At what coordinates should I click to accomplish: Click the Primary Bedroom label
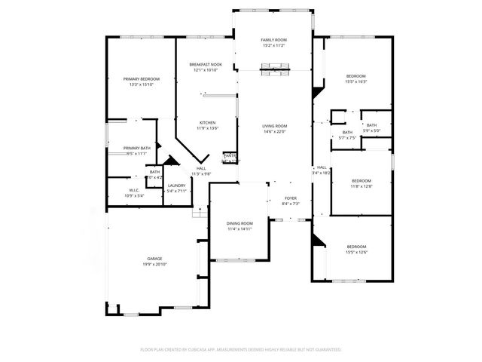coord(141,78)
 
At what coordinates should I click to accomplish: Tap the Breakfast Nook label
coord(205,65)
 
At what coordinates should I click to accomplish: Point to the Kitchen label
coord(208,122)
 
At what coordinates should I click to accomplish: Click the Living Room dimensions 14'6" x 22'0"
coord(275,132)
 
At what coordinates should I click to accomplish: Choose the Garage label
coord(154,258)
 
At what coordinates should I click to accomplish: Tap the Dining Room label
coord(240,224)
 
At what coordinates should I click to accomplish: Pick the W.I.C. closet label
coord(134,190)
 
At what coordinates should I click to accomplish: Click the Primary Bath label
coord(137,148)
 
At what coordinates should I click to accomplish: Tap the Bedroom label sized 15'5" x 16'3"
coord(356,76)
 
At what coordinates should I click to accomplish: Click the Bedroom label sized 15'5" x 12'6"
coord(356,247)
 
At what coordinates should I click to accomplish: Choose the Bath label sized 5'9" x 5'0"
coord(371,125)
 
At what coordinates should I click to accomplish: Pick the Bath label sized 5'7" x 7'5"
coord(347,133)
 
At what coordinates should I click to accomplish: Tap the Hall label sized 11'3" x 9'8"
coord(201,168)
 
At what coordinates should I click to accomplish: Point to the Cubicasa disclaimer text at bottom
coord(241,349)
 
